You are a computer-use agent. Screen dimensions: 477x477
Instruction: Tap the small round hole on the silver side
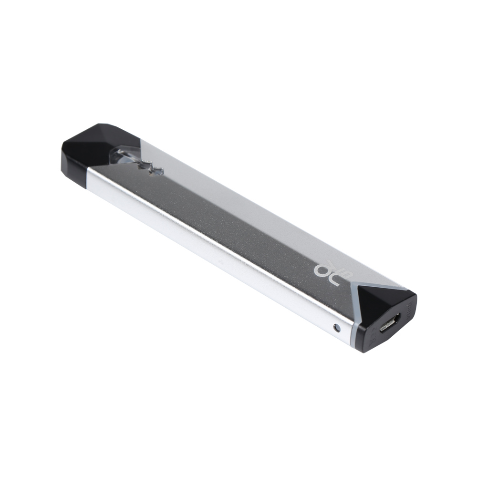click(337, 328)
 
